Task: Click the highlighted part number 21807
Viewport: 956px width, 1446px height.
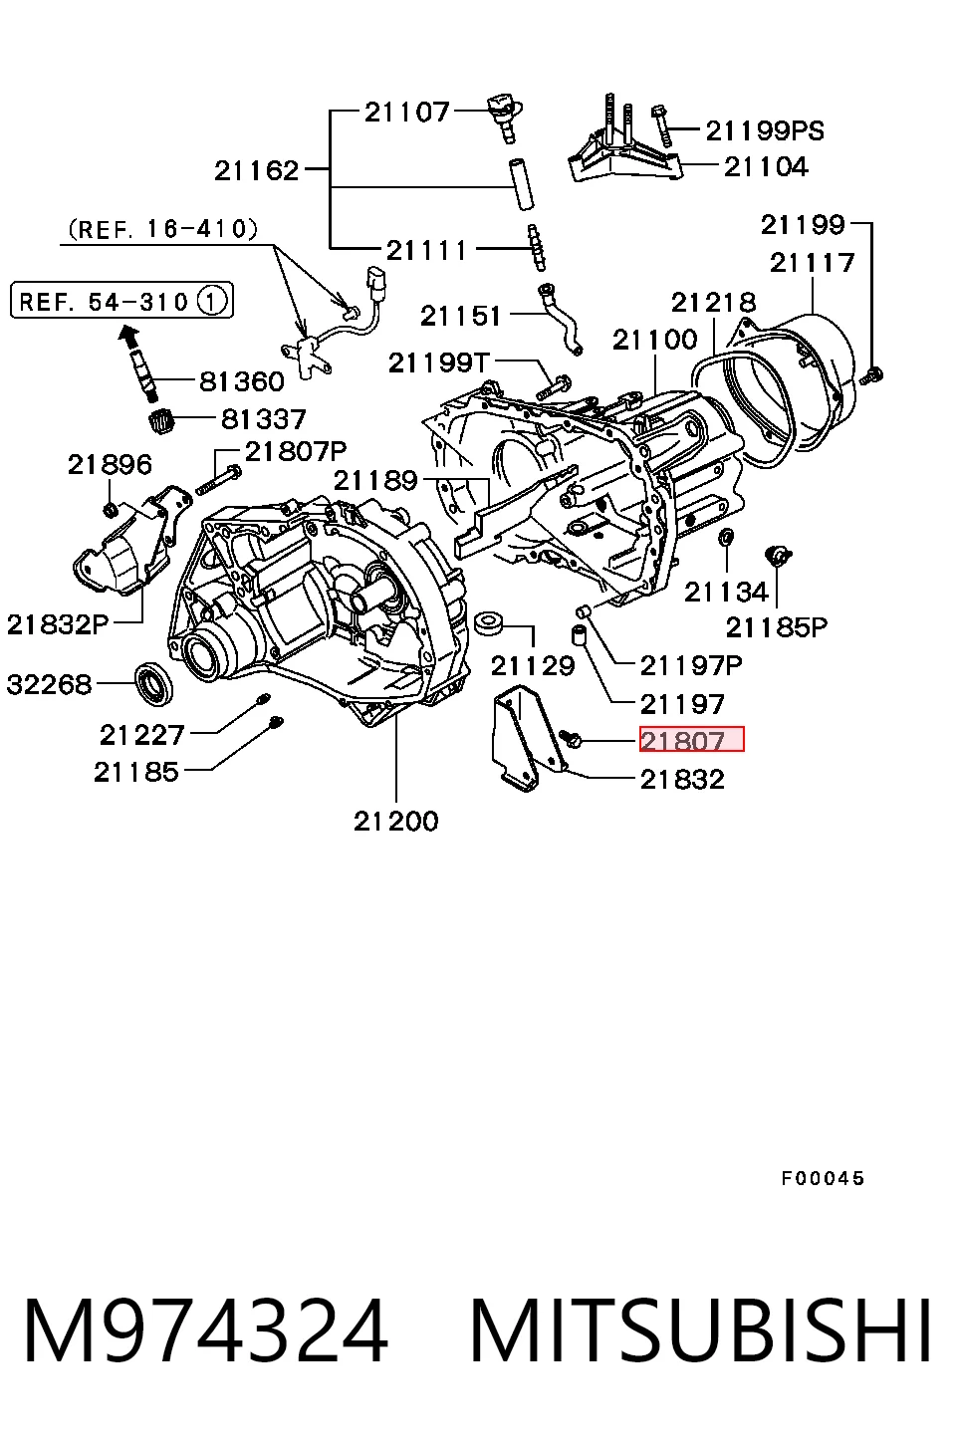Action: point(691,739)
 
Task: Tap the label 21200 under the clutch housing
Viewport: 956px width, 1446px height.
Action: point(395,822)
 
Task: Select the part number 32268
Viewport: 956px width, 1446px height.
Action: point(50,684)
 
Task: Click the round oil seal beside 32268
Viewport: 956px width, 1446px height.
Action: point(154,682)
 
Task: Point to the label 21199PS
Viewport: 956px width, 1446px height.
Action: point(765,131)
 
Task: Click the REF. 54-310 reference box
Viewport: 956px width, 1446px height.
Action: point(122,300)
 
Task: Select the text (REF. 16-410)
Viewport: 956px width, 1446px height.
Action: point(162,228)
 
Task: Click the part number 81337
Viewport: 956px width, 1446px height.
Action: point(263,419)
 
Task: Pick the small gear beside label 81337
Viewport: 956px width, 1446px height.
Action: point(162,421)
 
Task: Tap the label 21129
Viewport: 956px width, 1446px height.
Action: point(533,665)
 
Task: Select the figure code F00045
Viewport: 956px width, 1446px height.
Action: point(823,1179)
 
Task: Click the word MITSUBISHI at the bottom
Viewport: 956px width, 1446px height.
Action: point(701,1331)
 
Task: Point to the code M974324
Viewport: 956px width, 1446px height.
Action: point(206,1331)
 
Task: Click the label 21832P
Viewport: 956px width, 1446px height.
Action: point(58,624)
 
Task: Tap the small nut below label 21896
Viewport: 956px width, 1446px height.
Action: point(111,510)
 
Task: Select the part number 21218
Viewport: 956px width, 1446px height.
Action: point(713,302)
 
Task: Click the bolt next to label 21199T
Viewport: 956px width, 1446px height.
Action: point(554,385)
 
